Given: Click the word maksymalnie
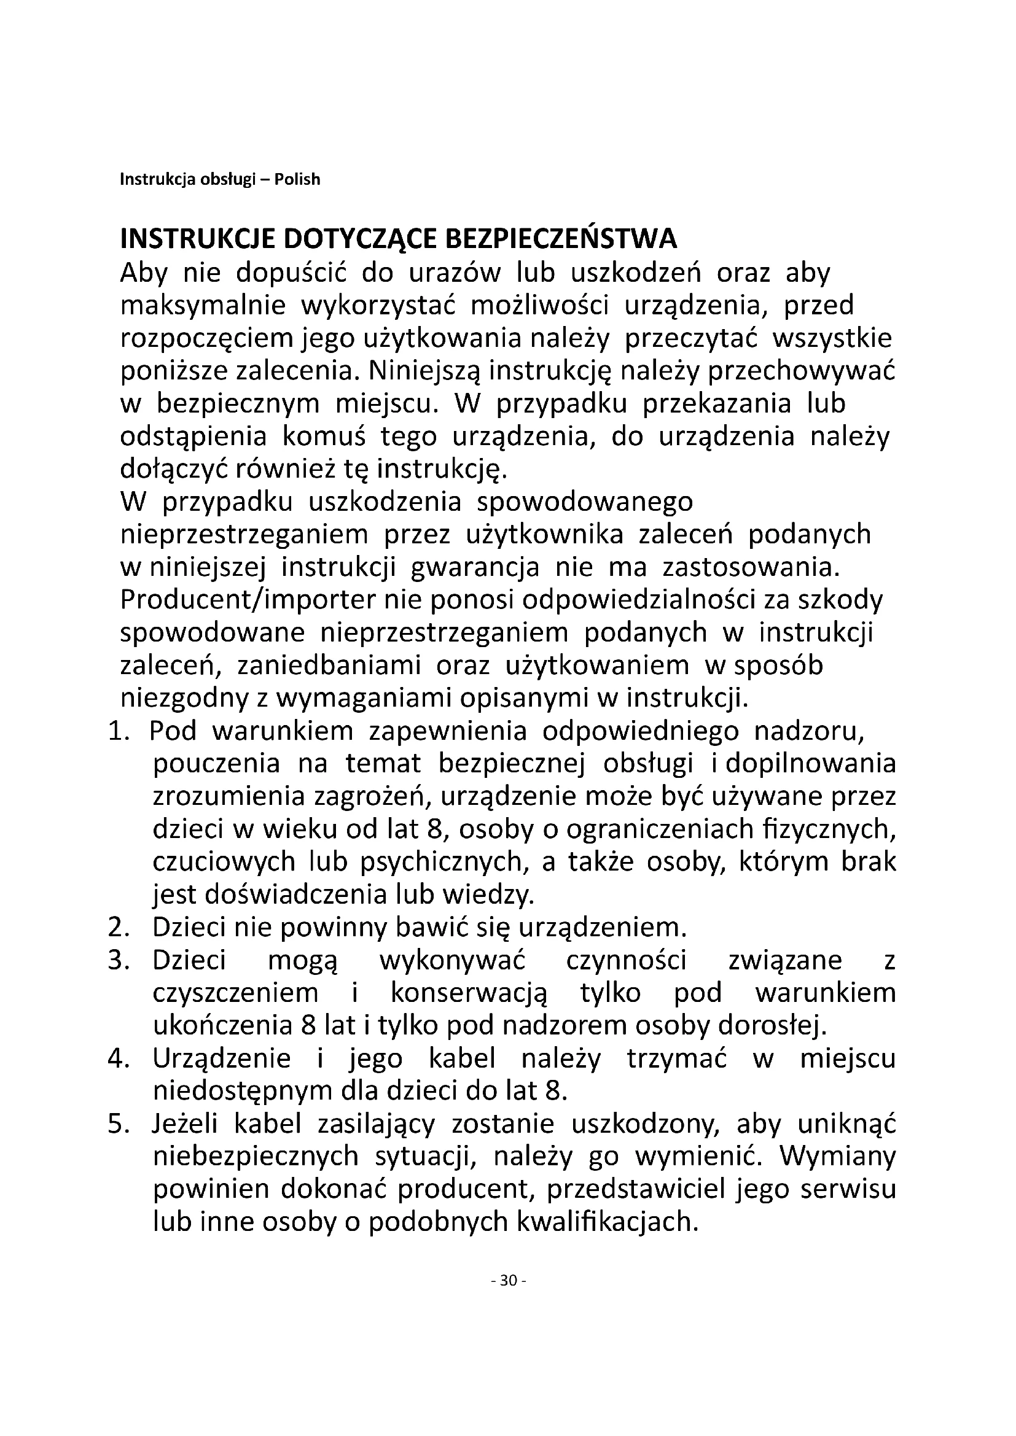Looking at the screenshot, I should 203,306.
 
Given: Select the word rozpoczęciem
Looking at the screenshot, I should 206,339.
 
